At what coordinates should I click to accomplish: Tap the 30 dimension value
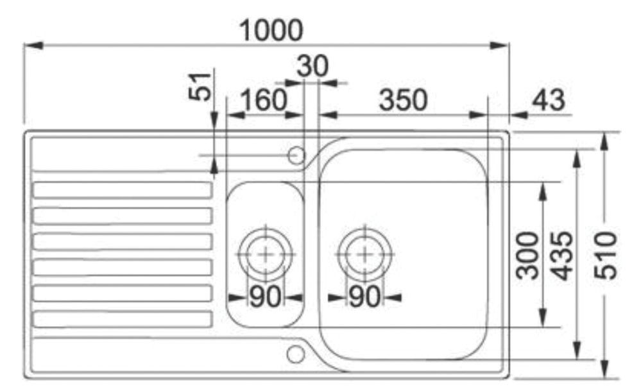311,66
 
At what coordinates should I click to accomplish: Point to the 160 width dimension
263,100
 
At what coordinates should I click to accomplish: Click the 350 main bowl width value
402,100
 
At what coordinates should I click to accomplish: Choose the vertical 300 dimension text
527,255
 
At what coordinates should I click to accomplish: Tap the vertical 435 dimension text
563,255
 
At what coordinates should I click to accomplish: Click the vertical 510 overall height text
606,255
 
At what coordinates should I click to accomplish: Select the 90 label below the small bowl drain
265,297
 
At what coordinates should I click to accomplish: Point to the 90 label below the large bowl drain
364,297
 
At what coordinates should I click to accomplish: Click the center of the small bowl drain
266,254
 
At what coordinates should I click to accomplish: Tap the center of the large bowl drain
364,254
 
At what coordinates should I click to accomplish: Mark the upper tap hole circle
296,155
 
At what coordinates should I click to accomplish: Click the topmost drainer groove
122,190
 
